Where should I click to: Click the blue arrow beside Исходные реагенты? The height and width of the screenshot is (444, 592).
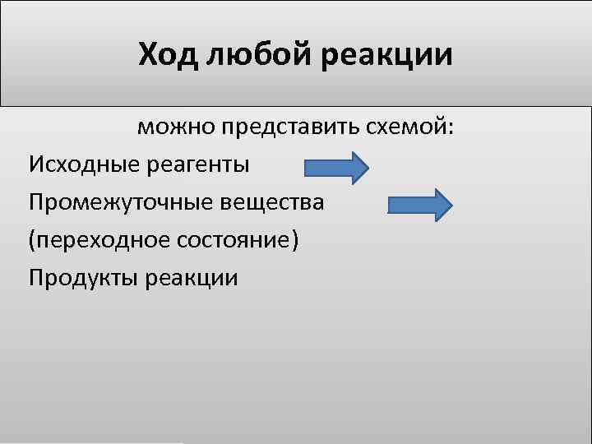[337, 168]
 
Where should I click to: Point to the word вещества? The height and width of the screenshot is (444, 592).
[272, 202]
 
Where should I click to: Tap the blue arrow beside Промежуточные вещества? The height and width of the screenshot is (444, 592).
[419, 205]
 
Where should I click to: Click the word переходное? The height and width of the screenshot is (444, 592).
[100, 240]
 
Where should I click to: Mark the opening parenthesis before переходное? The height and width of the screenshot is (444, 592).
[32, 241]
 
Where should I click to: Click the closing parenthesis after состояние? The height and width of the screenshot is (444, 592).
[296, 241]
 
